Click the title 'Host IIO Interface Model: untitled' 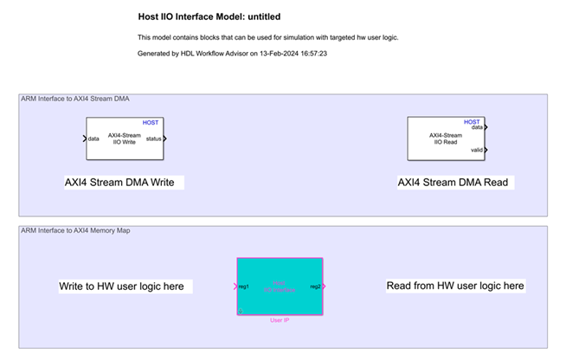click(209, 16)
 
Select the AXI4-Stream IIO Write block click(125, 138)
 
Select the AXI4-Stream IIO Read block click(445, 138)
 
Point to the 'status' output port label click(152, 138)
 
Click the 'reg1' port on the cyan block click(244, 286)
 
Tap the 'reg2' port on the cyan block click(315, 286)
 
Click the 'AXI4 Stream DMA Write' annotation click(125, 183)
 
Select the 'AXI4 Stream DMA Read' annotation click(453, 183)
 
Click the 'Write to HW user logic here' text click(120, 286)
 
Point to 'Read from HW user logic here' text click(454, 286)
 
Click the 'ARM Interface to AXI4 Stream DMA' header click(75, 99)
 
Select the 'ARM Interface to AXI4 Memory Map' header click(76, 230)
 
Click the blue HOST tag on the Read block click(472, 122)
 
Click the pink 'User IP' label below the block click(280, 320)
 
